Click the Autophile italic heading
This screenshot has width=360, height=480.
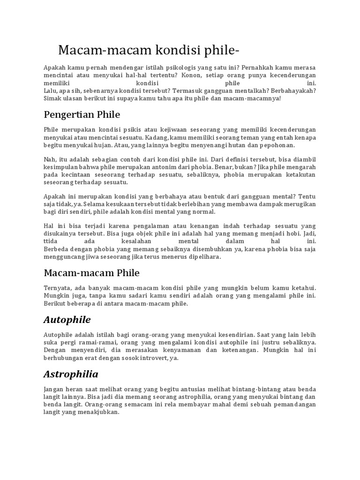[67, 320]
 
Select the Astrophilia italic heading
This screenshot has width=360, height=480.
[71, 375]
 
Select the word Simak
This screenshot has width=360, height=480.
[52, 98]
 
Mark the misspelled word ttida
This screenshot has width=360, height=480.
[51, 241]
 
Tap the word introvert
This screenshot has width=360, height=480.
[142, 358]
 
